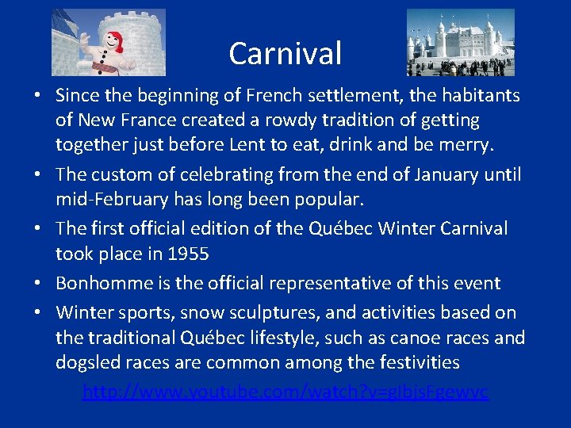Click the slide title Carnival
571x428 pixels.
click(285, 53)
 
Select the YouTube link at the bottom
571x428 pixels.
click(285, 392)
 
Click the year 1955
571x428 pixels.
click(187, 254)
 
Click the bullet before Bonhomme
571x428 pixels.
click(37, 284)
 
